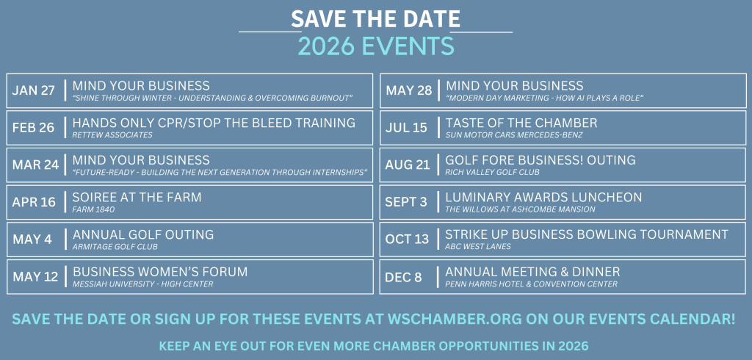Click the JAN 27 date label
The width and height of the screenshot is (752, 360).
pyautogui.click(x=34, y=90)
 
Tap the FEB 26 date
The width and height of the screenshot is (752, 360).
pyautogui.click(x=34, y=128)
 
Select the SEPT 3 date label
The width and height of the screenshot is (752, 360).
pyautogui.click(x=405, y=202)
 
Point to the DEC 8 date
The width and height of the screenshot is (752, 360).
pyautogui.click(x=403, y=277)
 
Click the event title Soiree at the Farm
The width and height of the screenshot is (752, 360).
pyautogui.click(x=137, y=198)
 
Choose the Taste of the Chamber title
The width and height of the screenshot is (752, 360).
pyautogui.click(x=521, y=123)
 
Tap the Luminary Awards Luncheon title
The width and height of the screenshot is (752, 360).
pyautogui.click(x=543, y=198)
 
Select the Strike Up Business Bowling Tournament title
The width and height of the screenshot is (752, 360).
pyautogui.click(x=587, y=234)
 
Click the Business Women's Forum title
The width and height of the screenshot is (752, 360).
pyautogui.click(x=160, y=272)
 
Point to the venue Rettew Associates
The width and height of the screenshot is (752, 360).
pyautogui.click(x=112, y=135)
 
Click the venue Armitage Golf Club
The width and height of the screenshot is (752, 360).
pyautogui.click(x=115, y=247)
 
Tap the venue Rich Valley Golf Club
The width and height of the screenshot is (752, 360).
pyautogui.click(x=492, y=173)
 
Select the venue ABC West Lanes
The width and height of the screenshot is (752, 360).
pyautogui.click(x=477, y=247)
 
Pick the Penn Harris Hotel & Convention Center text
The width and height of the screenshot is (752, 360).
pyautogui.click(x=532, y=284)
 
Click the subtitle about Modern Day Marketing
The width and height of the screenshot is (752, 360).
pyautogui.click(x=544, y=98)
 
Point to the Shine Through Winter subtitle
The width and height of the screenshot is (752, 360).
pyautogui.click(x=212, y=98)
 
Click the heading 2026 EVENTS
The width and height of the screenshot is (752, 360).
pyautogui.click(x=376, y=46)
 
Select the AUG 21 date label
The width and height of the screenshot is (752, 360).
pyautogui.click(x=407, y=165)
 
